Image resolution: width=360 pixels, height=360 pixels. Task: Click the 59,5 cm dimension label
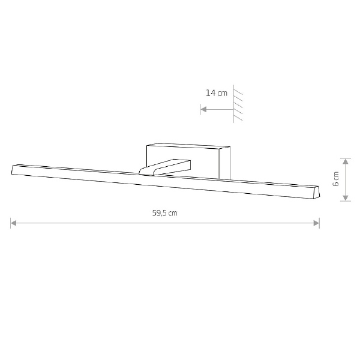[165, 213]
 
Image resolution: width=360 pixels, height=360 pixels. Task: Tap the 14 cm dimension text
[217, 93]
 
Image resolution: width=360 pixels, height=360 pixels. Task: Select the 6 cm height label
[335, 179]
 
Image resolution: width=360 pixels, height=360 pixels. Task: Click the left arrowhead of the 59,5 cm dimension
[14, 223]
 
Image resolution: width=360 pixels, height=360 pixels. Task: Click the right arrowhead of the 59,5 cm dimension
[316, 223]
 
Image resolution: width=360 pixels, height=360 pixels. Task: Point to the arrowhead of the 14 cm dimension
[203, 109]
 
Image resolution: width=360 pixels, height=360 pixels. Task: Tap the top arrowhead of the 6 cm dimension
[346, 161]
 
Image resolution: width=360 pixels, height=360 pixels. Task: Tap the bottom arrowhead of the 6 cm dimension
[346, 198]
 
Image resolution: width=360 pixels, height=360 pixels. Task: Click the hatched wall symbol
[238, 104]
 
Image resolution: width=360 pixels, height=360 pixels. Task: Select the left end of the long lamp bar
[12, 170]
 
